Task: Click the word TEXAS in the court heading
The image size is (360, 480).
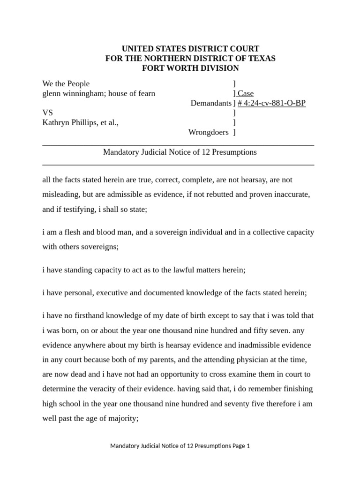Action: (x=263, y=59)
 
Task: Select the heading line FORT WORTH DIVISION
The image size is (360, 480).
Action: (x=190, y=68)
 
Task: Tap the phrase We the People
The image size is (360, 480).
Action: (x=66, y=84)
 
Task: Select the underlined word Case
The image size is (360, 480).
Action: (x=246, y=93)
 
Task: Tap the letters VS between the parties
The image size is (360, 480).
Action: (x=47, y=113)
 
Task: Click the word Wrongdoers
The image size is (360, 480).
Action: (x=208, y=132)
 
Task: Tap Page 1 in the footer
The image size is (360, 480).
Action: (x=241, y=446)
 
